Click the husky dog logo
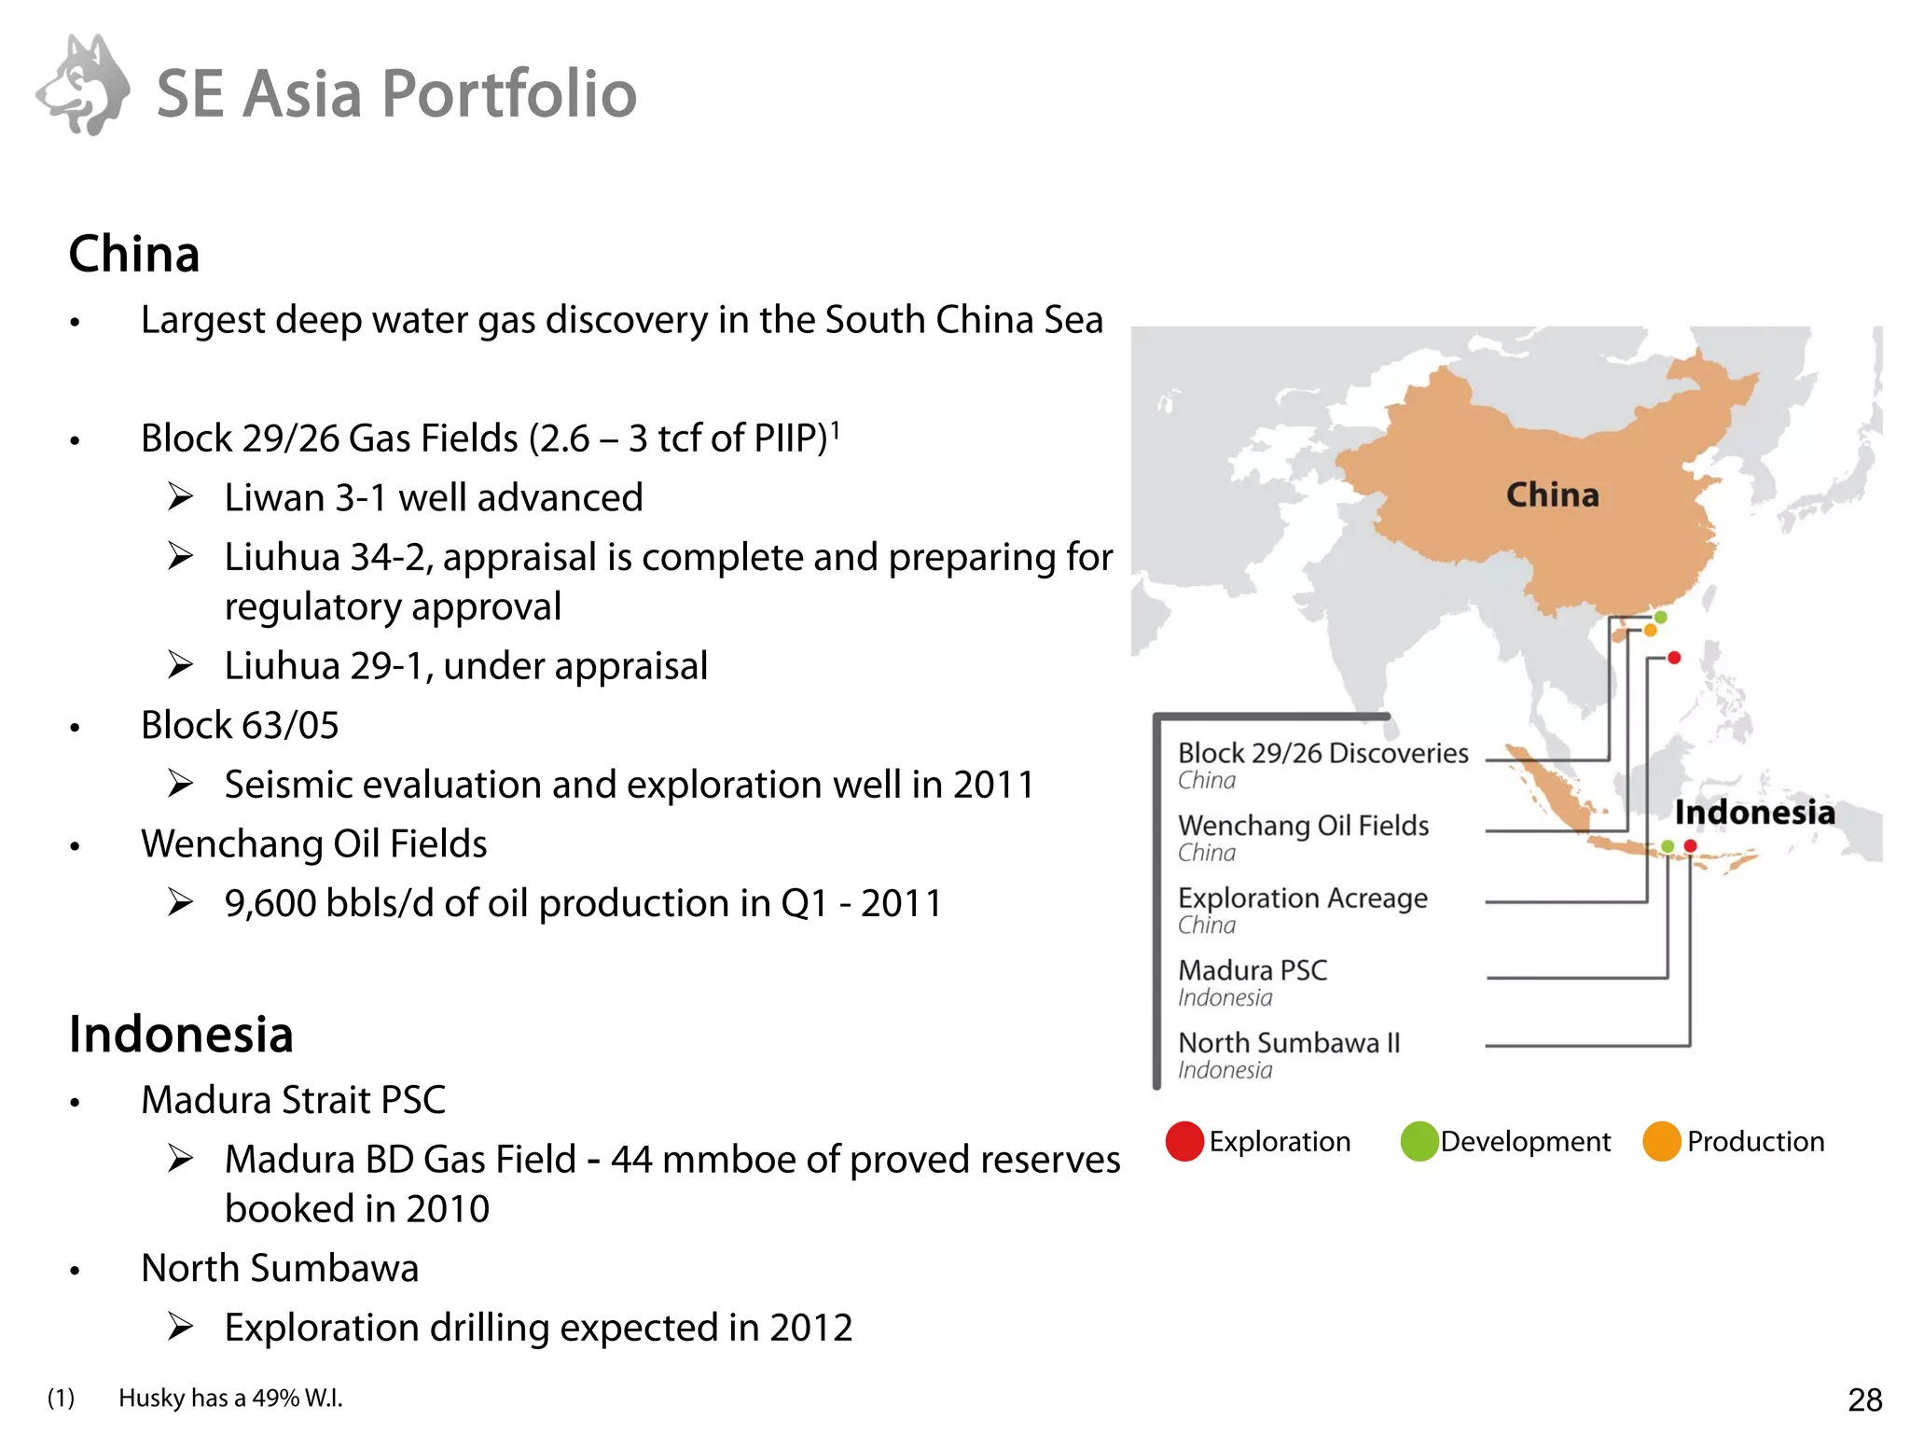[x=84, y=86]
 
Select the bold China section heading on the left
[x=134, y=254]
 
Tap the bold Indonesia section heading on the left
[x=181, y=1035]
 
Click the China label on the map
[x=1552, y=494]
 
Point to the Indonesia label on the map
[x=1754, y=812]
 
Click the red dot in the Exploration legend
[x=1184, y=1141]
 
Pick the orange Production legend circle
[x=1661, y=1141]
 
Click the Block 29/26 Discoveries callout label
[x=1322, y=753]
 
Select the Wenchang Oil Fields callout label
[x=1303, y=826]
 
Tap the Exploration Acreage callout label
[x=1302, y=898]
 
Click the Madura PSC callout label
[x=1253, y=970]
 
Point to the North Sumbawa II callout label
[x=1289, y=1042]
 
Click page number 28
[x=1864, y=1399]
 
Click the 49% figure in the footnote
[x=275, y=1398]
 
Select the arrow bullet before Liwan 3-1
[x=181, y=497]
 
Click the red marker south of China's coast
[x=1674, y=658]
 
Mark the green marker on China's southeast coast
[x=1661, y=617]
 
